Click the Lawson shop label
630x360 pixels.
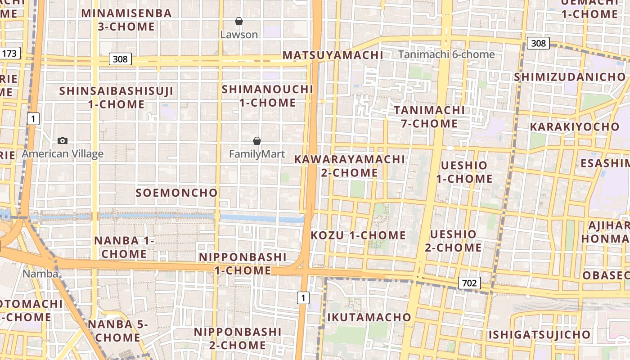click(239, 35)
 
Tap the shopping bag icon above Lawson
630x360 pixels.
click(239, 21)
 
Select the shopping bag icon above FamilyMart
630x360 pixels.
click(257, 141)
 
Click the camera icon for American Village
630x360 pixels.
click(63, 140)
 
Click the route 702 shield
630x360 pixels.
click(469, 283)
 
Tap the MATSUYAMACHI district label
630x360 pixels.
click(333, 55)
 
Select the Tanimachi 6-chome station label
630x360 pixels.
click(446, 54)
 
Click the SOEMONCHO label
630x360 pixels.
click(177, 193)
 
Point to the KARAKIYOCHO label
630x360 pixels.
click(575, 127)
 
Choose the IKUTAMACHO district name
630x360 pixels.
click(369, 317)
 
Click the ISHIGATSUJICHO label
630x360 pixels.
click(540, 335)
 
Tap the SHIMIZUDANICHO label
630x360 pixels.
click(570, 77)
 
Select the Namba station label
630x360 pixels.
click(40, 274)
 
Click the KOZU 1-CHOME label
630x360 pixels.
click(358, 235)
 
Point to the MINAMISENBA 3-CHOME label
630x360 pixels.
click(126, 20)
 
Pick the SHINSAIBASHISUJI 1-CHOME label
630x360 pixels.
click(117, 98)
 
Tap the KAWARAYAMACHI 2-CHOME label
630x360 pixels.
click(350, 166)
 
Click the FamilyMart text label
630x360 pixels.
click(257, 154)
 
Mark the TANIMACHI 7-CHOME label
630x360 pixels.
click(429, 117)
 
